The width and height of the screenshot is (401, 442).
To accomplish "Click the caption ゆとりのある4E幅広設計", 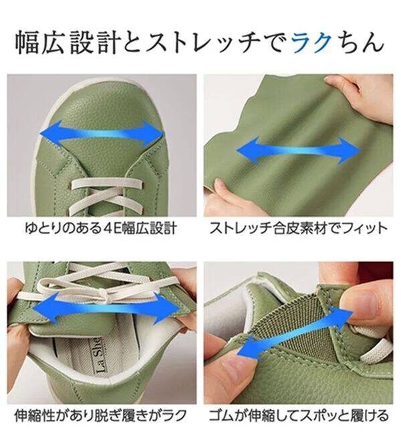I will click(x=101, y=228).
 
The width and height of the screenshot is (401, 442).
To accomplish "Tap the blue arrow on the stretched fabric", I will click(x=298, y=150).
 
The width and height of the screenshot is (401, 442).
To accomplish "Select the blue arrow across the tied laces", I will click(x=100, y=308).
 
